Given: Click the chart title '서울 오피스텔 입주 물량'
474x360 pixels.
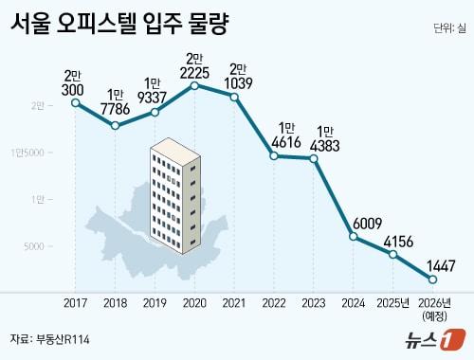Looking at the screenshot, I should click(123, 24).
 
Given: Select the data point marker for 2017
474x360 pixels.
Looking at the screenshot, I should click(75, 102).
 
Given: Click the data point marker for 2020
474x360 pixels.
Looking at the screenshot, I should click(194, 85).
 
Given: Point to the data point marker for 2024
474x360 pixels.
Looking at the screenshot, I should click(354, 236).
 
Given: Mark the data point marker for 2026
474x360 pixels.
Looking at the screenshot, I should click(433, 279).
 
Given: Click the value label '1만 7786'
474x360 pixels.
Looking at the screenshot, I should click(115, 100).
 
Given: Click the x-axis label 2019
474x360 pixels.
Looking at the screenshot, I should click(155, 304).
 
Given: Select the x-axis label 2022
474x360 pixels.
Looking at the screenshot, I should click(274, 304).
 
